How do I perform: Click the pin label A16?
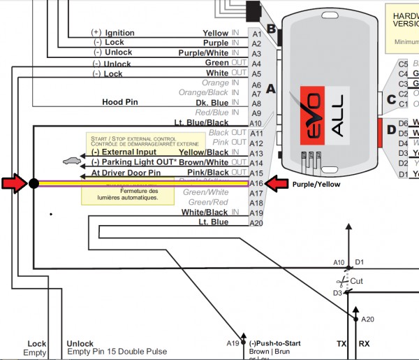pyautogui.click(x=256, y=183)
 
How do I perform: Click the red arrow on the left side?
pyautogui.click(x=13, y=184)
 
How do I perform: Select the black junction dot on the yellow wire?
pyautogui.click(x=33, y=184)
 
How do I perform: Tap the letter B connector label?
pyautogui.click(x=271, y=29)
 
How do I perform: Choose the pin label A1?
pyautogui.click(x=256, y=34)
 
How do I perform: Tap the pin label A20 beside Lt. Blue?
pyautogui.click(x=256, y=223)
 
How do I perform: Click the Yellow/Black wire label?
pyautogui.click(x=204, y=152)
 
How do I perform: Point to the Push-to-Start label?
pyautogui.click(x=275, y=344)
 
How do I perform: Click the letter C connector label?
pyautogui.click(x=390, y=99)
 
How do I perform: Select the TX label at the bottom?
pyautogui.click(x=341, y=344)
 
